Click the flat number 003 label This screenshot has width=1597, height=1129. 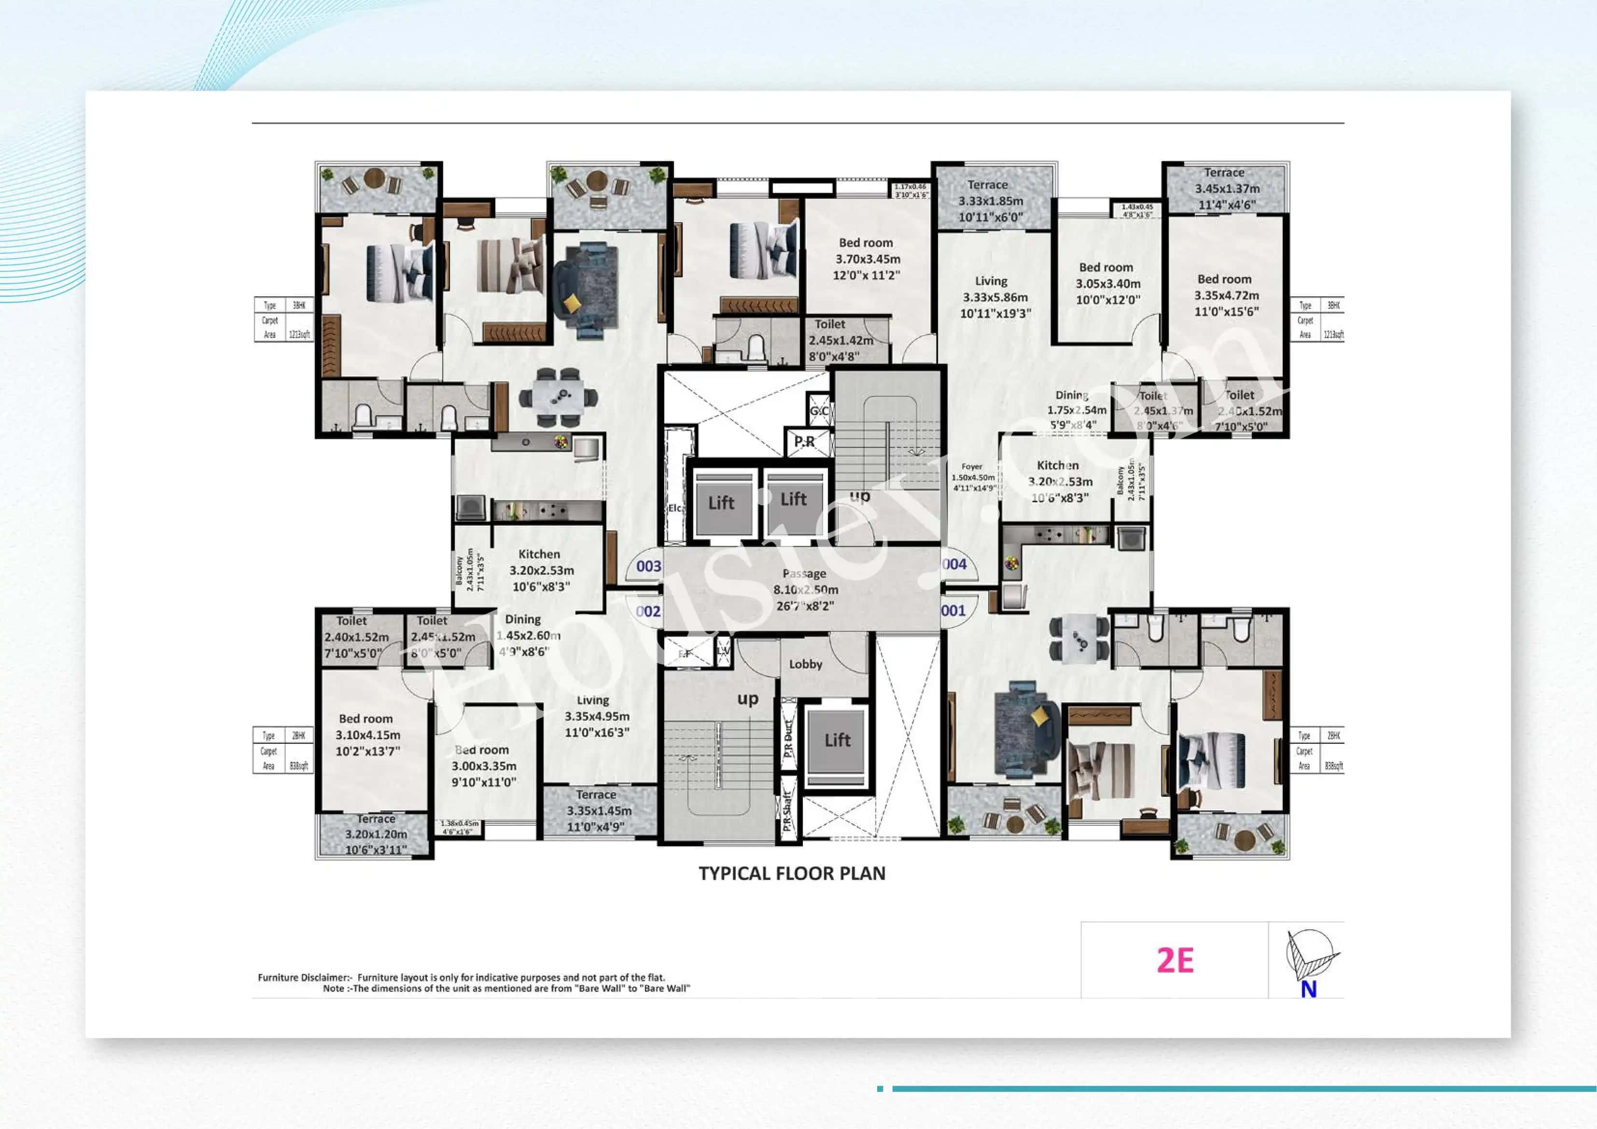pyautogui.click(x=648, y=566)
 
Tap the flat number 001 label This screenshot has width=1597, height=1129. pyautogui.click(x=953, y=611)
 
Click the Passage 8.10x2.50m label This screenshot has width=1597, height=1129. pyautogui.click(x=805, y=589)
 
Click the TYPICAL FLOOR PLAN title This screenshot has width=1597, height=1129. pyautogui.click(x=792, y=874)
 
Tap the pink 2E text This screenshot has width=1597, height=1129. pyautogui.click(x=1175, y=961)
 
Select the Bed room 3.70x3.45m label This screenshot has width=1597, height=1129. pyautogui.click(x=867, y=259)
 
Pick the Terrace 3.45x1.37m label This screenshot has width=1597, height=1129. pyautogui.click(x=1226, y=189)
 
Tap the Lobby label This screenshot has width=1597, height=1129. pyautogui.click(x=805, y=664)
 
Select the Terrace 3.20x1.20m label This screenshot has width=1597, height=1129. pyautogui.click(x=376, y=834)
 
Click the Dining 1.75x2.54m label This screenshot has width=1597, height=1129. pyautogui.click(x=1075, y=410)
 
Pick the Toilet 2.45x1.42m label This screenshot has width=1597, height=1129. pyautogui.click(x=840, y=340)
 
